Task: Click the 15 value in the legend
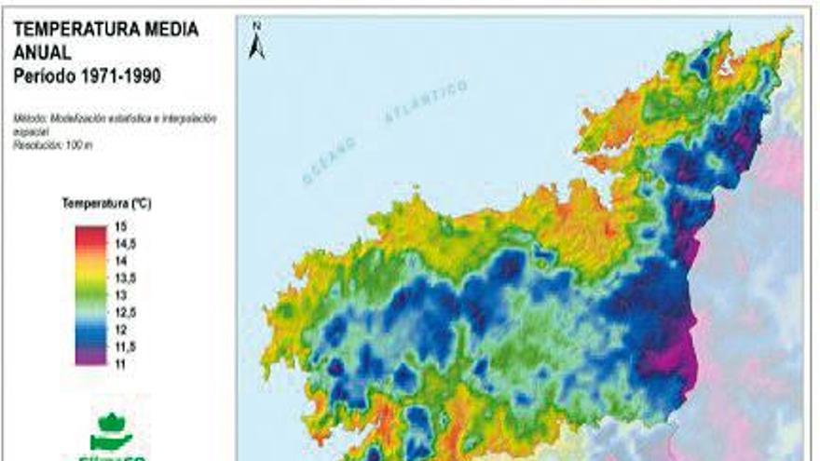120,226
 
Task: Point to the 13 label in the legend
120,294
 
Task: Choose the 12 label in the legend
120,328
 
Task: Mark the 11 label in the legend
120,362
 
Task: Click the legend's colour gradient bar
92,294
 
